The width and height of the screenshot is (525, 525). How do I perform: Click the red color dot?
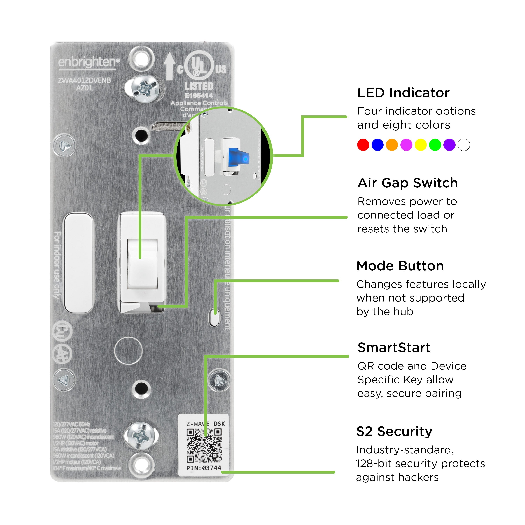pos(363,145)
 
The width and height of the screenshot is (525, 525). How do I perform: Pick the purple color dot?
pos(449,145)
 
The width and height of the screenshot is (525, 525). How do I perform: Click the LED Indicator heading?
pos(403,93)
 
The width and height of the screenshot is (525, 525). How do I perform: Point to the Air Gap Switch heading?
pos(408,183)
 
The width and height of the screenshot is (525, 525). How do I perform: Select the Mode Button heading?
pos(400,266)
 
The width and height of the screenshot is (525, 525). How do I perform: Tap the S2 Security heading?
pos(394,432)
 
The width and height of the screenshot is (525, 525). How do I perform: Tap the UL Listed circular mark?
pos(199,66)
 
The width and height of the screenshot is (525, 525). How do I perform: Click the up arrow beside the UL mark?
pos(169,66)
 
